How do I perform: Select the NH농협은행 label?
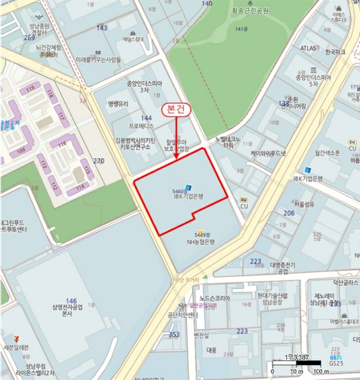coord(201,242)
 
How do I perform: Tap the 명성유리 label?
coord(118,103)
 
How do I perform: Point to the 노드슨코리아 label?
coord(214,298)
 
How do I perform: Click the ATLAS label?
coord(308,48)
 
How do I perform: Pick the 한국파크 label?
coord(335,53)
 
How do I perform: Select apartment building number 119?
coord(30,88)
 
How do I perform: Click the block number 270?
coord(98,161)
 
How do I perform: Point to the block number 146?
coord(71,301)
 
